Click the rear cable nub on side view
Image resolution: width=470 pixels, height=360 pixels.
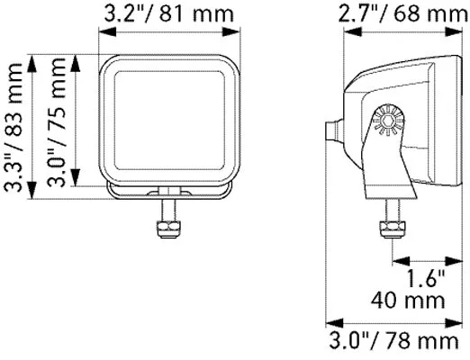tap(334, 130)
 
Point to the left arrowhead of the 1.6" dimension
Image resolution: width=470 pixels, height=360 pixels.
tap(396, 261)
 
